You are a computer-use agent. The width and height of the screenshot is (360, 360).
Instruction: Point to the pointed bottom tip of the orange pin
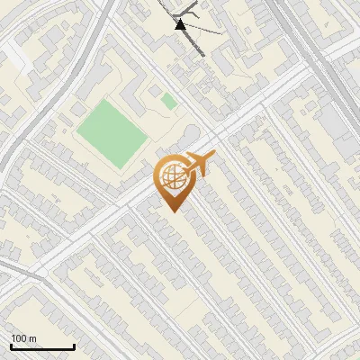(172, 210)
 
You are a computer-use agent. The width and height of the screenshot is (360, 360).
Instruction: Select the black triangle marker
(180, 24)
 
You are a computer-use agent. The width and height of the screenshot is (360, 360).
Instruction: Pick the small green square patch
(168, 101)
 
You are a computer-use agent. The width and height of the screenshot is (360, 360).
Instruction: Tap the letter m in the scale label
(32, 338)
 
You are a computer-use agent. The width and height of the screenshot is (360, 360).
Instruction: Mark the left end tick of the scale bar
(12, 346)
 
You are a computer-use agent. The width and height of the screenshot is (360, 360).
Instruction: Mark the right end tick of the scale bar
(74, 346)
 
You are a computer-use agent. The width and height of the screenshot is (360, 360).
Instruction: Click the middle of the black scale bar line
(42, 346)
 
